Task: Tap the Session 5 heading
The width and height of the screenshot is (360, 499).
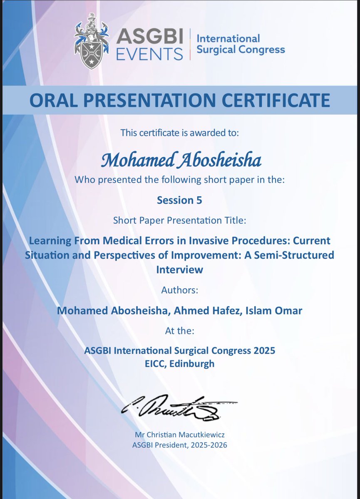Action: [179, 200]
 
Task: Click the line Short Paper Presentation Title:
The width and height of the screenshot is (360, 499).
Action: [179, 221]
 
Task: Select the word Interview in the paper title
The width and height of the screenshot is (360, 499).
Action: [179, 269]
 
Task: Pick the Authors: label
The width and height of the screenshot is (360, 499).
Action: [179, 290]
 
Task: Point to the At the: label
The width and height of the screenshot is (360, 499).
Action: [179, 331]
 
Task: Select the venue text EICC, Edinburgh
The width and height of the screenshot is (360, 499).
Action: [179, 364]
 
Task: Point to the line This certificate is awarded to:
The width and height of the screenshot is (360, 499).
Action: [179, 133]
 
